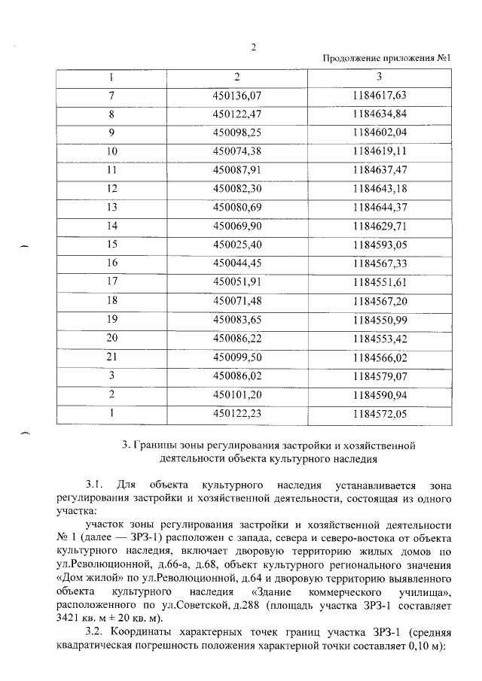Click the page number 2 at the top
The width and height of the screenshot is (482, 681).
click(x=254, y=47)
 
